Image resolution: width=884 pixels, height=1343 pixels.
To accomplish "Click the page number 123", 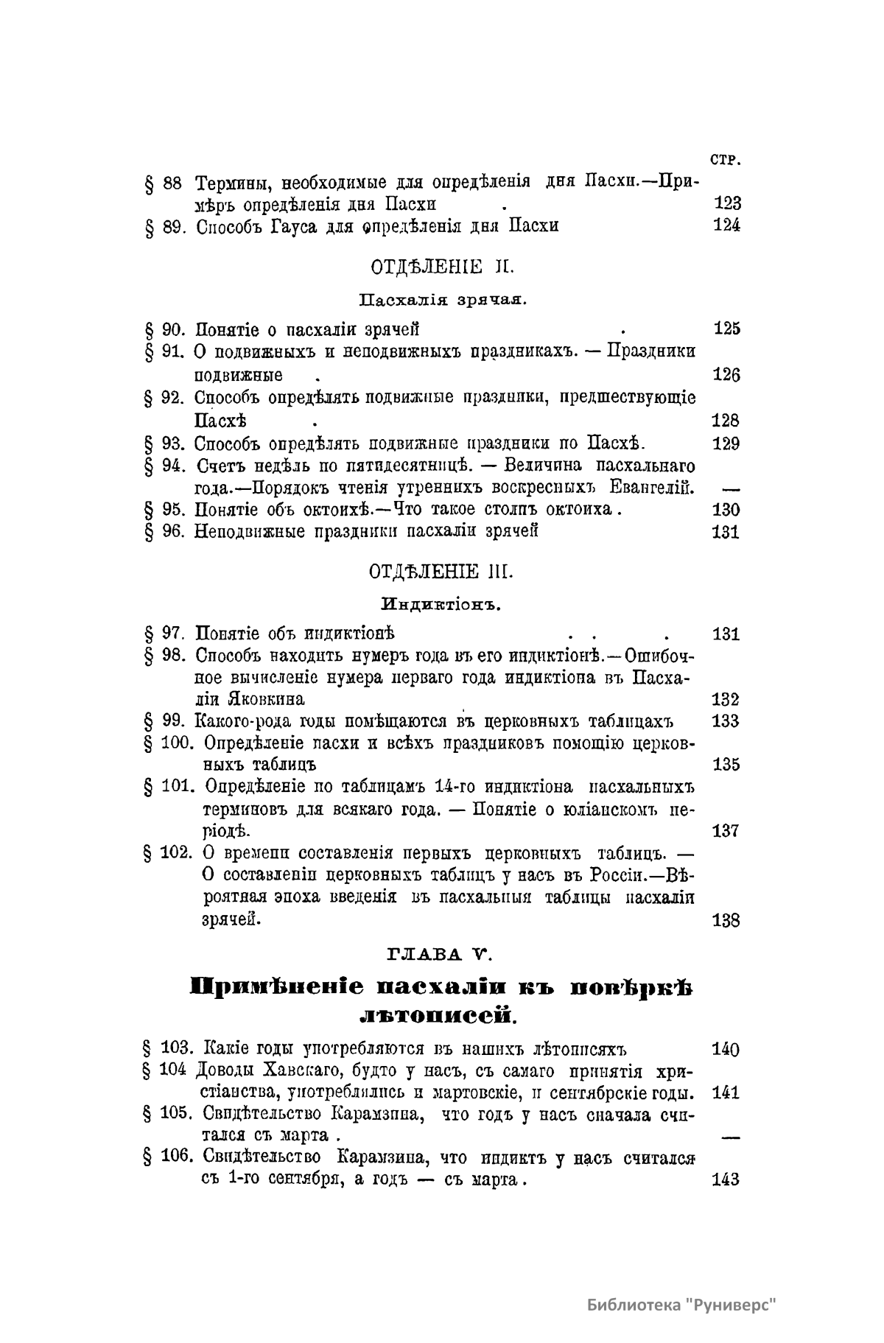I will click(727, 203).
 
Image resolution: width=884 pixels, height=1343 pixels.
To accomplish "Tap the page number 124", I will click(727, 225).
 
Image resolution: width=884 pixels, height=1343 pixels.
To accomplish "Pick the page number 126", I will click(727, 375).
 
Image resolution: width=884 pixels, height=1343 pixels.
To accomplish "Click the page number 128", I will click(727, 421).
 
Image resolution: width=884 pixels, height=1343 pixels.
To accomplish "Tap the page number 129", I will click(727, 443).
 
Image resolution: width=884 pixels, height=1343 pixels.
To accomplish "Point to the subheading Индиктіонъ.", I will click(441, 606).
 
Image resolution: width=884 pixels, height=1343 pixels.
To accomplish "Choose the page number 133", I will click(727, 720).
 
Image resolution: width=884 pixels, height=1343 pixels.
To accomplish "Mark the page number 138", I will click(727, 920).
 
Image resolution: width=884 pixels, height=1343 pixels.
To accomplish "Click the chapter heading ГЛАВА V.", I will click(440, 955).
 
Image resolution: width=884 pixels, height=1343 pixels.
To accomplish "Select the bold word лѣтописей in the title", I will click(438, 1016).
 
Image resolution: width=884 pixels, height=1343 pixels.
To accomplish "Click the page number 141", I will click(726, 1093).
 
